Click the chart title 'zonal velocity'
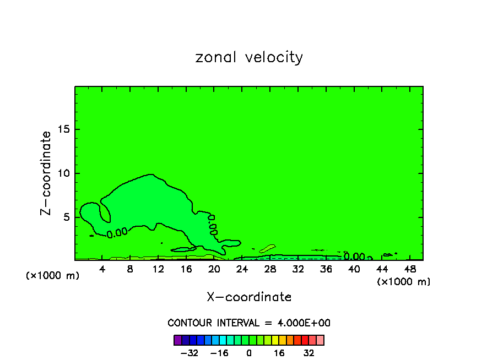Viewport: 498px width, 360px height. coord(249,57)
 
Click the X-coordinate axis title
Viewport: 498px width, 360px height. coord(249,297)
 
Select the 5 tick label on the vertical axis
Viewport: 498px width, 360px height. coord(64,217)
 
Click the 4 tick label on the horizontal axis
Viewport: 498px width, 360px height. coord(102,269)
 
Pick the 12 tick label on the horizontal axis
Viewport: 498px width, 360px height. coord(158,269)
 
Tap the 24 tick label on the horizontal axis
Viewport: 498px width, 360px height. coord(242,269)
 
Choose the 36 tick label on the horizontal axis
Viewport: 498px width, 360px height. coord(326,269)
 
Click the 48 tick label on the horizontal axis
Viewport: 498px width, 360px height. coord(410,269)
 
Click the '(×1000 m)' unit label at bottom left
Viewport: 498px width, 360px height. coord(53,276)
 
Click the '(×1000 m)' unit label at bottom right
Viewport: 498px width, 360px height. coord(403,282)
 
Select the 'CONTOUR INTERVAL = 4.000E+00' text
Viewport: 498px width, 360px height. coord(249,323)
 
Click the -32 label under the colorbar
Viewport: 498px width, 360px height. coord(189,353)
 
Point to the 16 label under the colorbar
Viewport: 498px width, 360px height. coord(279,353)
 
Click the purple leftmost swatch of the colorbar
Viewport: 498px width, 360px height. coord(177,340)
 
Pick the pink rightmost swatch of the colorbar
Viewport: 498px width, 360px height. coord(320,340)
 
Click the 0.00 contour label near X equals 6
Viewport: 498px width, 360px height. coord(117,233)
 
